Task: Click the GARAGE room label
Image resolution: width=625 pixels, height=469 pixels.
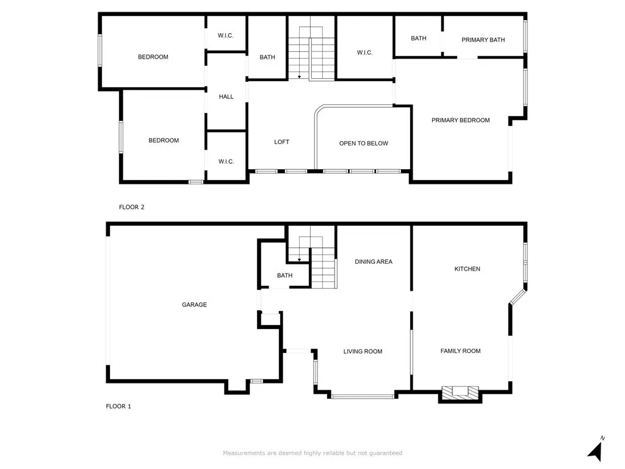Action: point(194,305)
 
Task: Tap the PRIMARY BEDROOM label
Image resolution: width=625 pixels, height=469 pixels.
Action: point(460,120)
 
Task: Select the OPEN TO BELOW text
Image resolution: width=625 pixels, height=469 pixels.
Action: point(363,144)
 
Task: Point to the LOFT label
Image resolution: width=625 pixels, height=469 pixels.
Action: point(281,142)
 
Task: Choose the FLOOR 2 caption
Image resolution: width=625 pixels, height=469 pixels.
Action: point(131,207)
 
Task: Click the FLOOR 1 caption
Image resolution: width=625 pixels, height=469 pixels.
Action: point(118,406)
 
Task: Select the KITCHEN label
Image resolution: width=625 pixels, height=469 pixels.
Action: point(467,269)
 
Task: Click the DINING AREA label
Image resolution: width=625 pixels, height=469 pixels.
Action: point(374,261)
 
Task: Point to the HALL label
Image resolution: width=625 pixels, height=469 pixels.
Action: point(226,96)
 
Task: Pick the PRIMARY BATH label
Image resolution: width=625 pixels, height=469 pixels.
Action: point(483,40)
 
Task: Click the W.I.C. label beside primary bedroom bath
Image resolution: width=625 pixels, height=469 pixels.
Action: point(364,53)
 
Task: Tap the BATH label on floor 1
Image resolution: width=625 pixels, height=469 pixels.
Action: point(284,275)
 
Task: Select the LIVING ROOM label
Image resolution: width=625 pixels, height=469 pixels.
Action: point(363,351)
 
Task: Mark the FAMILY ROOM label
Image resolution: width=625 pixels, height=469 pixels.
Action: point(460,351)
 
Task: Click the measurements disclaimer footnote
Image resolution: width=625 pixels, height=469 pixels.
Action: point(312,453)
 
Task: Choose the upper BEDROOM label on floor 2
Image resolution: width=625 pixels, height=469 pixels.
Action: point(153,57)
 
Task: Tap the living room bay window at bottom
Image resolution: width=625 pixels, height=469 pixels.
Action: point(362,396)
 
